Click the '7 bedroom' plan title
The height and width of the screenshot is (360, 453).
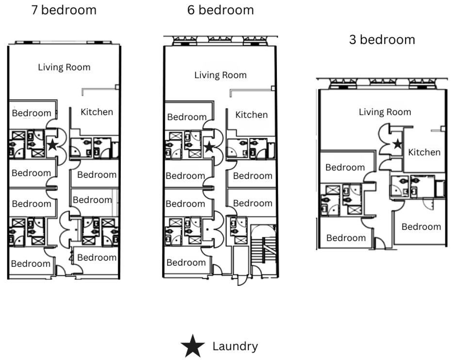[64, 10]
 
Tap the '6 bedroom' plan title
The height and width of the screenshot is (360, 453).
[220, 10]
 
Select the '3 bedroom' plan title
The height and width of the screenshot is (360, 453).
[382, 39]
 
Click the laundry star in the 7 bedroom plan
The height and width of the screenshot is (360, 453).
[52, 145]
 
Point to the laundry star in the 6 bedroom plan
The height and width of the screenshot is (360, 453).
[208, 147]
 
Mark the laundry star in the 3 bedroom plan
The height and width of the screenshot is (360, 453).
[397, 144]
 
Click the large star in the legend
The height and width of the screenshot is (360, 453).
[193, 346]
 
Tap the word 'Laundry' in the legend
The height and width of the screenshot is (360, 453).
[235, 346]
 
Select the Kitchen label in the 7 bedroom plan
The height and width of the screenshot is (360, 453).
[97, 112]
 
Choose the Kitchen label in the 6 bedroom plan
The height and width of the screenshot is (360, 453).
[251, 115]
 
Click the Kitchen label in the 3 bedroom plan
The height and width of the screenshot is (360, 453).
[424, 152]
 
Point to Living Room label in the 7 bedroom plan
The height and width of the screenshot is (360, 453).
[64, 67]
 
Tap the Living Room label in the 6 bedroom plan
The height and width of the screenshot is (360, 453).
[220, 75]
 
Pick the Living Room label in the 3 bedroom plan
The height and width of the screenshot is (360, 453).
[385, 112]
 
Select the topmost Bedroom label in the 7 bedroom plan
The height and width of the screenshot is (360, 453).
[32, 113]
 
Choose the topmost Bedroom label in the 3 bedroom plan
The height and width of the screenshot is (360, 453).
[345, 167]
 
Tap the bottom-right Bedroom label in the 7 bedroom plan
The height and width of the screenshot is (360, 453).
[97, 257]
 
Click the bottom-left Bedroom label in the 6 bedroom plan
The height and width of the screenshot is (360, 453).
[186, 262]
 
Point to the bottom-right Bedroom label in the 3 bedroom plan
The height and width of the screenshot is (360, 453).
[421, 227]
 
